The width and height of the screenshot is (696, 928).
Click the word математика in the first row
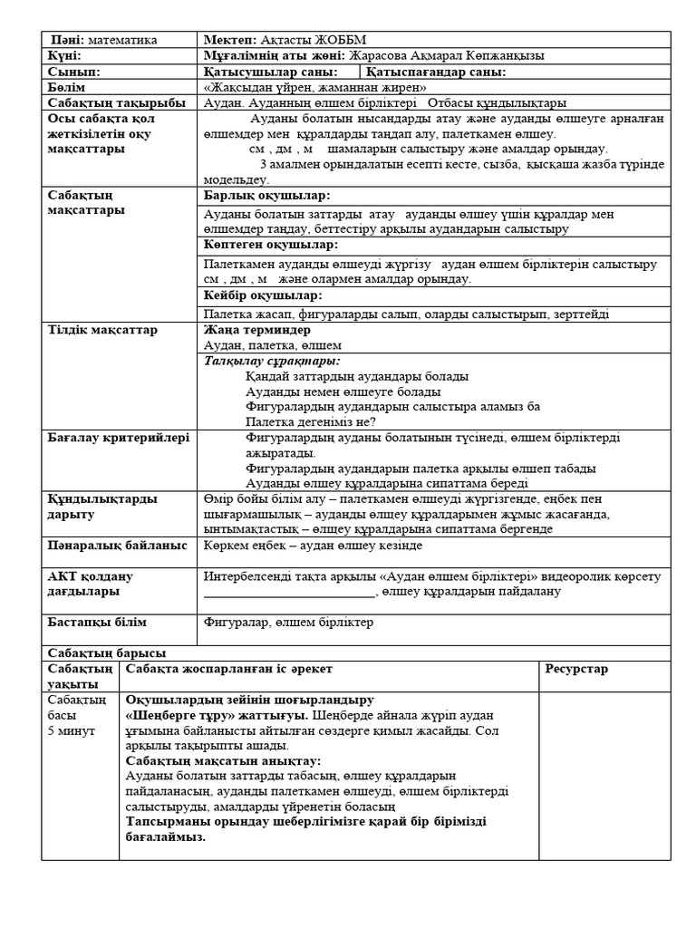tap(121, 40)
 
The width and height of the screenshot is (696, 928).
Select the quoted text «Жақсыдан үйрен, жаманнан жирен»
tap(315, 87)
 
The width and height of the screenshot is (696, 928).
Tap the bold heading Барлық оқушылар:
tap(267, 196)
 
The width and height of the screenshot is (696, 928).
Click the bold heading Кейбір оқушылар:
tap(264, 295)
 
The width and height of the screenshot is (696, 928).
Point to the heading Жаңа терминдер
tap(258, 330)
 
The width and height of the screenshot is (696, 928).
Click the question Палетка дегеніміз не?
tap(311, 421)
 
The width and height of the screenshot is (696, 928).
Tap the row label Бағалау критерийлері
tap(119, 438)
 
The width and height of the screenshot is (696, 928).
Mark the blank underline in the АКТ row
tap(289, 593)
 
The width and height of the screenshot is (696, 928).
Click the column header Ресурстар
tap(576, 669)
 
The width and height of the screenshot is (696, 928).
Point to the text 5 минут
tap(71, 730)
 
